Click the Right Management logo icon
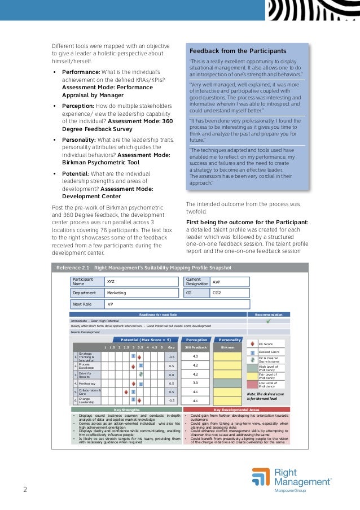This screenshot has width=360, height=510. pyautogui.click(x=260, y=477)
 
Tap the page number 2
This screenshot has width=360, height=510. pyautogui.click(x=25, y=489)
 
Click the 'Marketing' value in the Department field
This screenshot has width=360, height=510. pyautogui.click(x=117, y=293)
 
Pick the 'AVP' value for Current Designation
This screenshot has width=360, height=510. pyautogui.click(x=217, y=281)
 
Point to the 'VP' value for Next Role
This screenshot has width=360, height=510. pyautogui.click(x=111, y=304)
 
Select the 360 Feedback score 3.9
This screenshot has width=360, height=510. pyautogui.click(x=195, y=383)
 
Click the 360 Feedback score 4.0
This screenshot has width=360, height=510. pyautogui.click(x=195, y=356)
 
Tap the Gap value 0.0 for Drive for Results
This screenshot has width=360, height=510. pyautogui.click(x=172, y=374)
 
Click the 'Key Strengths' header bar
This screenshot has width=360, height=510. pyautogui.click(x=126, y=409)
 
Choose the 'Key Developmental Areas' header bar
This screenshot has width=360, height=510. pyautogui.click(x=236, y=409)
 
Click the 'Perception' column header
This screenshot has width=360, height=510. pyautogui.click(x=196, y=340)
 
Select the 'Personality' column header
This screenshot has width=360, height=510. pyautogui.click(x=230, y=340)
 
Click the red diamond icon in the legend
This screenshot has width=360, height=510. pyautogui.click(x=253, y=343)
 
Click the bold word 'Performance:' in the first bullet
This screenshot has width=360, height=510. pyautogui.click(x=81, y=72)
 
